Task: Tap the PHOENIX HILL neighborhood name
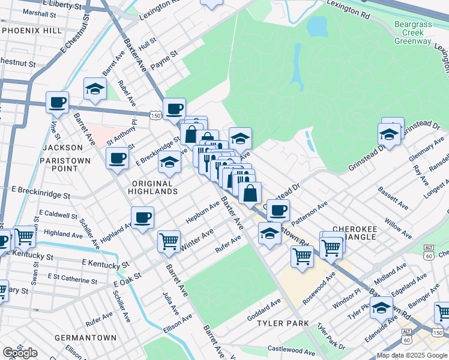click(31, 30)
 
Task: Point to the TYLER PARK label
click(283, 323)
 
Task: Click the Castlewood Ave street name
click(291, 350)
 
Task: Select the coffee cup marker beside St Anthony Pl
click(117, 158)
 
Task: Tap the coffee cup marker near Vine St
click(57, 102)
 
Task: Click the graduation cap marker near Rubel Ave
click(94, 89)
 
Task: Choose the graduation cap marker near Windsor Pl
click(381, 308)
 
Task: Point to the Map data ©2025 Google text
click(412, 355)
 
